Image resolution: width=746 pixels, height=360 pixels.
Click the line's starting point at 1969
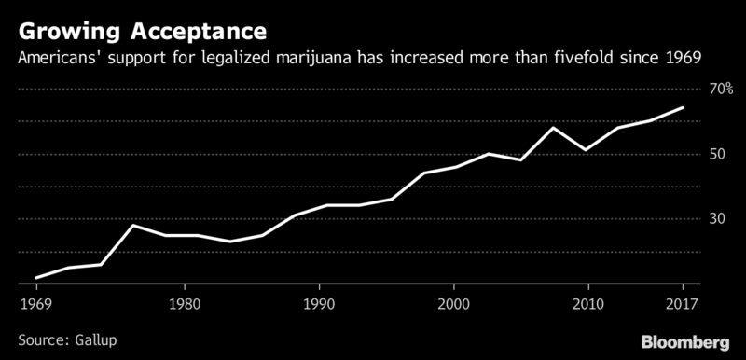[x=36, y=277]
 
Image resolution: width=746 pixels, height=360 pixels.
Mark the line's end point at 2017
[x=684, y=107]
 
